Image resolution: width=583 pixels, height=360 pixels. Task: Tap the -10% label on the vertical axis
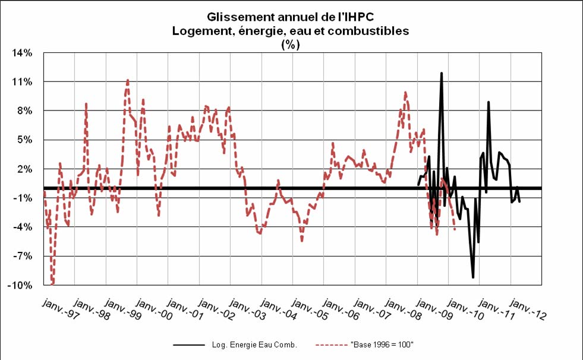[x=20, y=285]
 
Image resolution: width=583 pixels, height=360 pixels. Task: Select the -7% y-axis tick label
[x=22, y=256]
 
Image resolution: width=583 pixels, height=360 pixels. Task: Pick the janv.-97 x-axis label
[x=59, y=310]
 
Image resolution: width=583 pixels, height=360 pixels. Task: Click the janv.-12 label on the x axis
[x=527, y=310]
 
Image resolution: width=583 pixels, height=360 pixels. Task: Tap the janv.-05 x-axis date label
[x=308, y=310]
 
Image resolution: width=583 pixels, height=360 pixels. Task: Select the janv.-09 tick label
[x=433, y=310]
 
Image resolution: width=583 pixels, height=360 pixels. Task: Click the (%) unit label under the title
[x=291, y=44]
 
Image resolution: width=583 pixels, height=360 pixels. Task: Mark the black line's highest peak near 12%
[x=442, y=73]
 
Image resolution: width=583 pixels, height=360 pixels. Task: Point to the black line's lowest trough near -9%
[x=473, y=277]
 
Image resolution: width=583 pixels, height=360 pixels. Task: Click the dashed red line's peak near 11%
[x=127, y=80]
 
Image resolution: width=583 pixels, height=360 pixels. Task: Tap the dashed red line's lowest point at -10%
[x=52, y=285]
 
